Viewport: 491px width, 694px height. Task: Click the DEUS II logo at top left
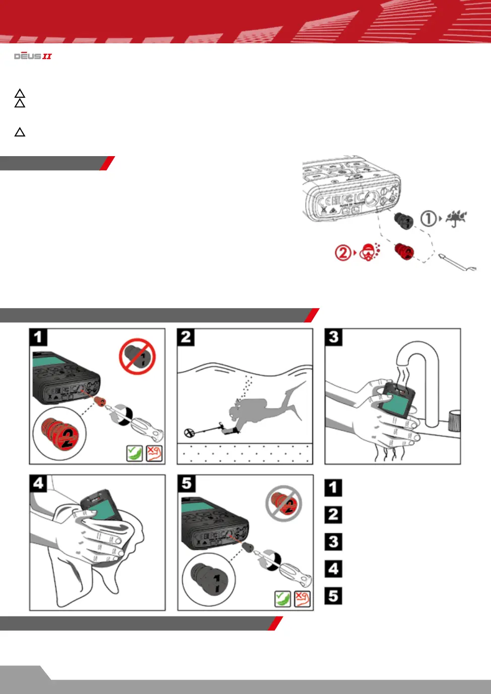click(33, 56)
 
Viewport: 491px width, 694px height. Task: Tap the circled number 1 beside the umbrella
click(428, 219)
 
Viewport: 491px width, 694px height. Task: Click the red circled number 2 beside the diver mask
click(342, 252)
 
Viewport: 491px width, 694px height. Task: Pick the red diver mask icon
click(370, 252)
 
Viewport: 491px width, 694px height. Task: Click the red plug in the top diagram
click(404, 251)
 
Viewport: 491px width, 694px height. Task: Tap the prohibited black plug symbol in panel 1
click(137, 357)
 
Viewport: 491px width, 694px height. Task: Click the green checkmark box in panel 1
click(134, 453)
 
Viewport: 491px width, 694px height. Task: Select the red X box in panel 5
click(302, 599)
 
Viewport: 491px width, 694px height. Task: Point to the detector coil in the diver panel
click(190, 433)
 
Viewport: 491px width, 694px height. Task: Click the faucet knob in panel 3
click(454, 422)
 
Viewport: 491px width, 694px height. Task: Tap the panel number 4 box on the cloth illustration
click(38, 483)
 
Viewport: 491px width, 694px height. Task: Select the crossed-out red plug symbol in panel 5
click(284, 503)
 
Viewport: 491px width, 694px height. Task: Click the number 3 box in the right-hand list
click(333, 542)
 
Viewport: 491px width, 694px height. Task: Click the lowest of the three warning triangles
click(20, 132)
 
